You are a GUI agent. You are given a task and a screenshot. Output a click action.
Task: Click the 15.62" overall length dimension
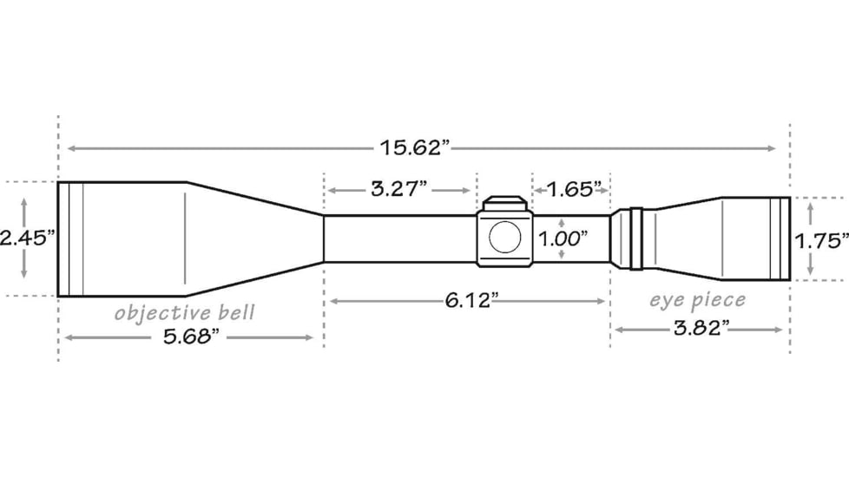[x=415, y=147]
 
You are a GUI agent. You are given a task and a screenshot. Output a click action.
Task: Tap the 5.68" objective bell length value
[x=188, y=337]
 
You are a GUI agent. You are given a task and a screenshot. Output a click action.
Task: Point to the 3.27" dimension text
[x=399, y=188]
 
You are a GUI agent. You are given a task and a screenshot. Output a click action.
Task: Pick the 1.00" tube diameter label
[x=563, y=238]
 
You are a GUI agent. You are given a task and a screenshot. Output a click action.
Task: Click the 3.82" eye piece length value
[x=701, y=329]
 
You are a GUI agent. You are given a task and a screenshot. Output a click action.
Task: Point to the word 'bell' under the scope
[x=236, y=311]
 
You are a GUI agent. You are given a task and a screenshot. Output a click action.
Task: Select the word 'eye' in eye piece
[x=667, y=301]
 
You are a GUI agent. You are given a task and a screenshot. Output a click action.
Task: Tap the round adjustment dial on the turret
[x=504, y=236]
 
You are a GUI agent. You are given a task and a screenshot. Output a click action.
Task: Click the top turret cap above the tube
[x=504, y=204]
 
